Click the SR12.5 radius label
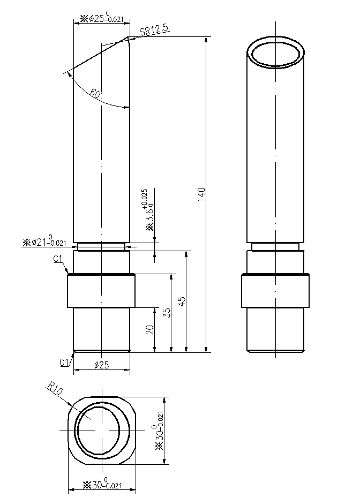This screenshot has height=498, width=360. [x=154, y=31]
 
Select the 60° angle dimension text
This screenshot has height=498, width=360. [x=95, y=94]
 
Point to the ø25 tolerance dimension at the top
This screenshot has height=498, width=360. [x=102, y=18]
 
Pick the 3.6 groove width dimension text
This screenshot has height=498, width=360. [x=148, y=210]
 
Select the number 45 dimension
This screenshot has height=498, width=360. [x=183, y=301]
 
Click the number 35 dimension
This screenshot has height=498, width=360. [x=167, y=313]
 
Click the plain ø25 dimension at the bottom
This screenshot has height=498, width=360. [x=102, y=365]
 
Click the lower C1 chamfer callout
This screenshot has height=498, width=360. [x=65, y=362]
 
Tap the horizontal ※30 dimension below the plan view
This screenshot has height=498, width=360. [x=102, y=485]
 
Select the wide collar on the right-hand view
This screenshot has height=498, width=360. [x=276, y=291]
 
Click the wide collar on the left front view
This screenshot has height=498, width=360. [x=101, y=291]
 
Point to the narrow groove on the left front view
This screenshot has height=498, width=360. [x=101, y=246]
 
